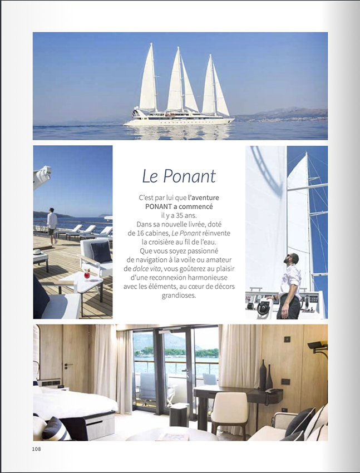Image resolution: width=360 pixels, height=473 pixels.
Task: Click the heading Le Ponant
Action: click(179, 176)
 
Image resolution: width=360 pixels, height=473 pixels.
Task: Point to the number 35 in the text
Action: click(184, 215)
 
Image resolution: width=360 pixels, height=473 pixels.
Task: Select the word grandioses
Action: click(179, 295)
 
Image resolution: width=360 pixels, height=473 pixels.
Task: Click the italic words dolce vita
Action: click(149, 269)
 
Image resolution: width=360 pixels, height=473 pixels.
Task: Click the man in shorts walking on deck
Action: click(52, 225)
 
